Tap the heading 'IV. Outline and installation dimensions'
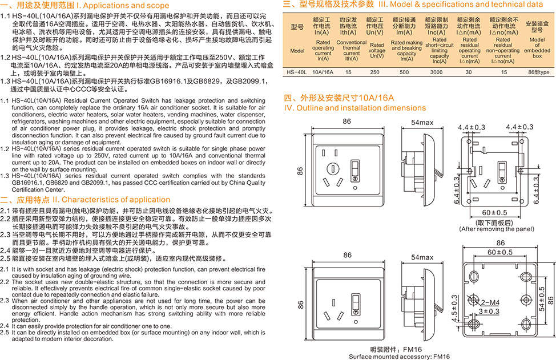[355, 108]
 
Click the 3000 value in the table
[437, 72]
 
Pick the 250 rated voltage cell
[374, 72]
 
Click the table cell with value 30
[469, 72]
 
